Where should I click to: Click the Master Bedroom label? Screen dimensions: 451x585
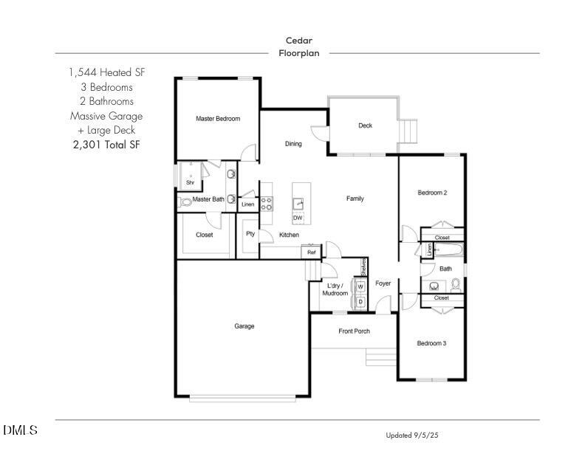pos(217,119)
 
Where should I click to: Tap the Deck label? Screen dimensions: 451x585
pos(365,125)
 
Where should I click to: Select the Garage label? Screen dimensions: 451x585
pos(244,326)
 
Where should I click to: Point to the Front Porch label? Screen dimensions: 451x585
pos(354,331)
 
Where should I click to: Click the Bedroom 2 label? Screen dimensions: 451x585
pos(432,193)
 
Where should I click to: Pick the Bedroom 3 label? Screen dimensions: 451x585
pos(431,343)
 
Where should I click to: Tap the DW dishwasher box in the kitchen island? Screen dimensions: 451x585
pos(298,218)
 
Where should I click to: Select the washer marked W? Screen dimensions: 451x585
pos(360,287)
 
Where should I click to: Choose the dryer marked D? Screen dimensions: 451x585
pos(360,301)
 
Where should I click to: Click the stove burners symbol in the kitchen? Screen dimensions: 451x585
pos(267,204)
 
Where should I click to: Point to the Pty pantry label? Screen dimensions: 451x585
pos(250,235)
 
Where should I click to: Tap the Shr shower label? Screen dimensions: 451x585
pos(190,182)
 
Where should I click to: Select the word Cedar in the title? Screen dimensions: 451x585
pos(298,41)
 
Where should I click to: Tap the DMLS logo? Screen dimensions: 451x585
pos(20,430)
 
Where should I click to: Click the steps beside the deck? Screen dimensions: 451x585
pos(408,131)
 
